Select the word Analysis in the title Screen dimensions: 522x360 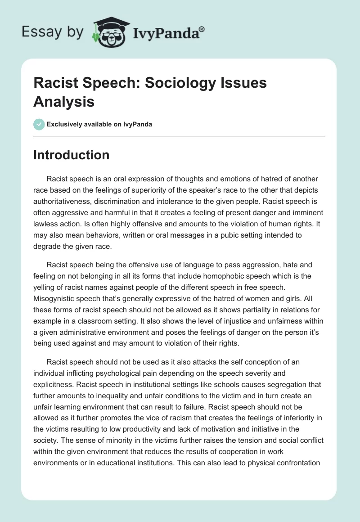[x=64, y=102]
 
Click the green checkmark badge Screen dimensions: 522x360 [x=39, y=125]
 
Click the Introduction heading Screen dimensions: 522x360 [x=71, y=155]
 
